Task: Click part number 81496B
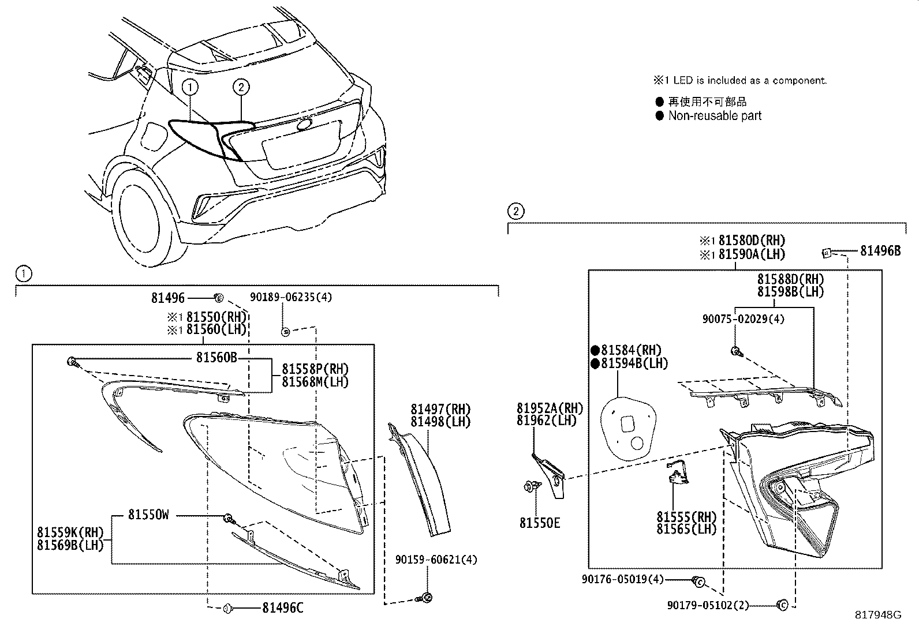[880, 251]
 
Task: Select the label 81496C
[282, 607]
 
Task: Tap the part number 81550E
[539, 523]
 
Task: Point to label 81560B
[216, 358]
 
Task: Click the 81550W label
[148, 515]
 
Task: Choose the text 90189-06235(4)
[291, 297]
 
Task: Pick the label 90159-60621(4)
[436, 560]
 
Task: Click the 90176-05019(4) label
[623, 579]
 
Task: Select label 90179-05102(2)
[708, 605]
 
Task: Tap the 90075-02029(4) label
[743, 319]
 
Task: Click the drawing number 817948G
[878, 615]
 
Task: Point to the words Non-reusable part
[715, 116]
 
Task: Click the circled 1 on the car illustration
[190, 88]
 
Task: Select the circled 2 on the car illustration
[241, 88]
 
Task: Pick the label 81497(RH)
[440, 409]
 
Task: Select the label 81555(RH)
[686, 517]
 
